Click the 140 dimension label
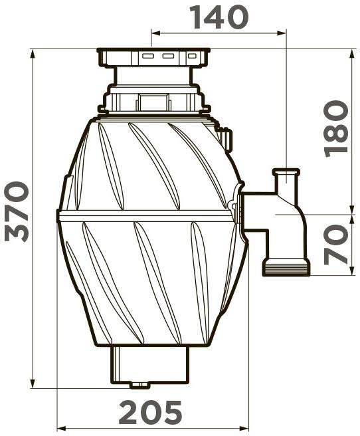[219, 17]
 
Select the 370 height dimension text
[17, 211]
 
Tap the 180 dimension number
[336, 129]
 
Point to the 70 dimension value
[336, 245]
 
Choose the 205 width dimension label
[150, 412]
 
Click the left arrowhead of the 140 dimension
[156, 33]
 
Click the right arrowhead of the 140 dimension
[282, 33]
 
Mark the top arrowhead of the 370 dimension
[33, 54]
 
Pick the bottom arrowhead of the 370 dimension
[33, 383]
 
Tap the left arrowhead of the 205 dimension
[62, 427]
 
